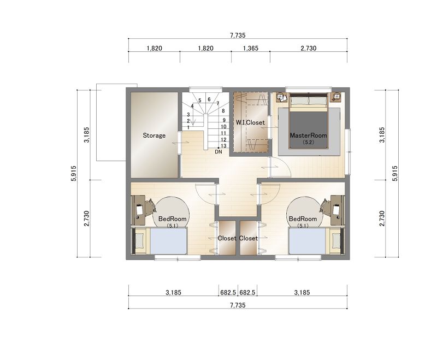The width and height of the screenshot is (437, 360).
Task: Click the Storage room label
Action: [x=154, y=135]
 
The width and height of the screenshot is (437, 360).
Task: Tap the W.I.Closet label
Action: [x=250, y=122]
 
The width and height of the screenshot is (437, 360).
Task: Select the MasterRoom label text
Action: [x=308, y=135]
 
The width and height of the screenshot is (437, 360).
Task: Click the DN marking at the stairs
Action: [x=218, y=152]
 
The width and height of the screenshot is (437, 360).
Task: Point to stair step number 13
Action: [x=223, y=146]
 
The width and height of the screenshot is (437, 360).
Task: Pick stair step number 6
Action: [x=209, y=99]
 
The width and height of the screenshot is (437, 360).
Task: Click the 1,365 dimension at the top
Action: [x=251, y=48]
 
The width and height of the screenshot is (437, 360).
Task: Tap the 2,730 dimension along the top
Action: [x=309, y=48]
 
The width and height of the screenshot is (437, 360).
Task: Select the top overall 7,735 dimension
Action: [x=238, y=35]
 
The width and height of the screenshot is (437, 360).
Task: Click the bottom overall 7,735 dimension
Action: [x=238, y=305]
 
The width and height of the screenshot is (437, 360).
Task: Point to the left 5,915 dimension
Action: [x=74, y=173]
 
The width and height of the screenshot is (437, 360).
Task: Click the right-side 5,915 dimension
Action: [x=394, y=173]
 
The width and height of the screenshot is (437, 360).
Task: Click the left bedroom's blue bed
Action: [x=168, y=241]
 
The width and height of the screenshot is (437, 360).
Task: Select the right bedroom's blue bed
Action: [x=307, y=241]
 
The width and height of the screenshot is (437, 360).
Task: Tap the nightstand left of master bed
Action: [x=282, y=97]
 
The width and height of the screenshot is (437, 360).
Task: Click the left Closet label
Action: [x=227, y=239]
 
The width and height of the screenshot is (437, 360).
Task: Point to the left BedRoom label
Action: [x=172, y=219]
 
